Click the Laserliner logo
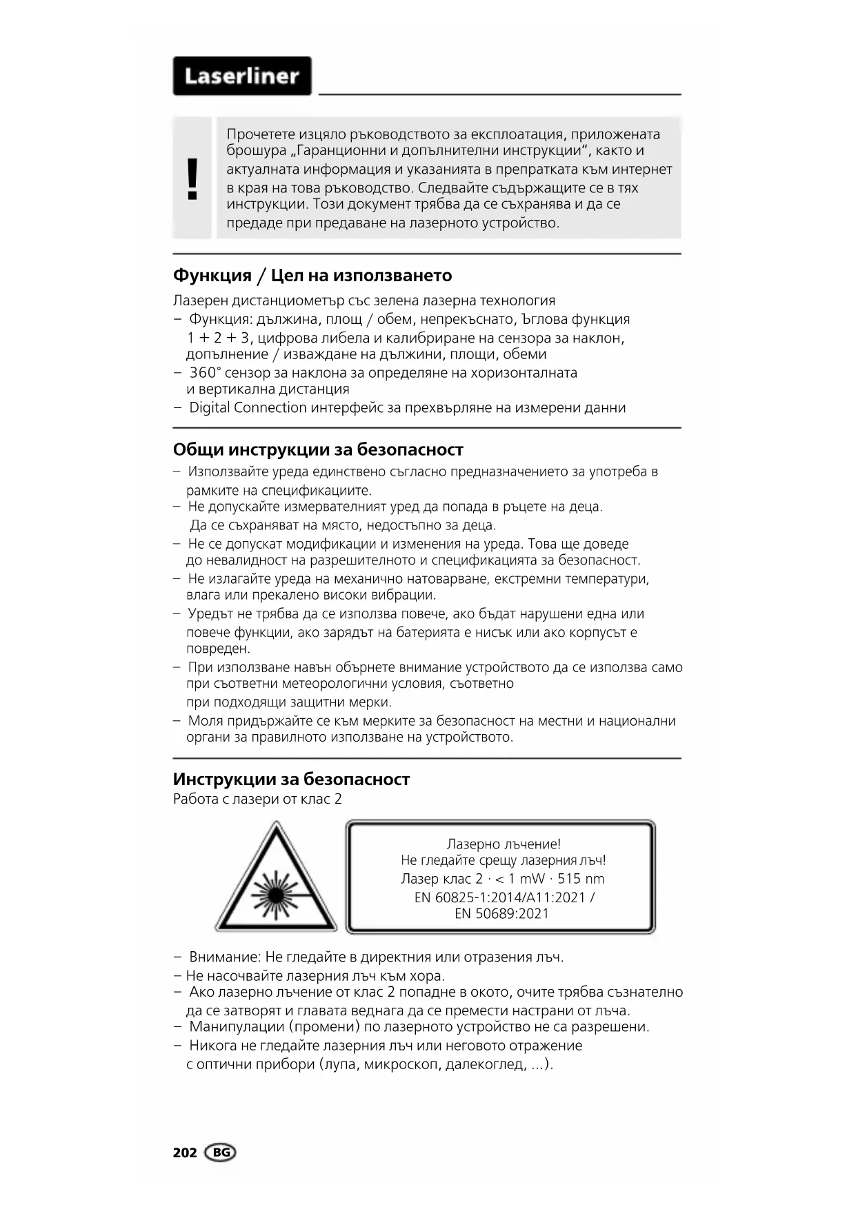tap(241, 76)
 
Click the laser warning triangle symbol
tap(276, 879)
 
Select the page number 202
tap(185, 1152)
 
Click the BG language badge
tap(220, 1152)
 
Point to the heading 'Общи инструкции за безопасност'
tap(318, 449)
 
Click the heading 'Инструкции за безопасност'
tap(291, 780)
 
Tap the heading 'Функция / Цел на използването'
tap(312, 276)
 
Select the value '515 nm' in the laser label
tap(581, 879)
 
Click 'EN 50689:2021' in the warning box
tap(501, 914)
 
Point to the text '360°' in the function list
tap(205, 373)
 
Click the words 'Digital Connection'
tap(248, 407)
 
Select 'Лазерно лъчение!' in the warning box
tap(504, 844)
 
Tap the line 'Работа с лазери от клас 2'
tap(257, 800)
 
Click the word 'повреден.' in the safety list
tap(218, 649)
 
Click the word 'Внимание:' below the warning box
tap(225, 957)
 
